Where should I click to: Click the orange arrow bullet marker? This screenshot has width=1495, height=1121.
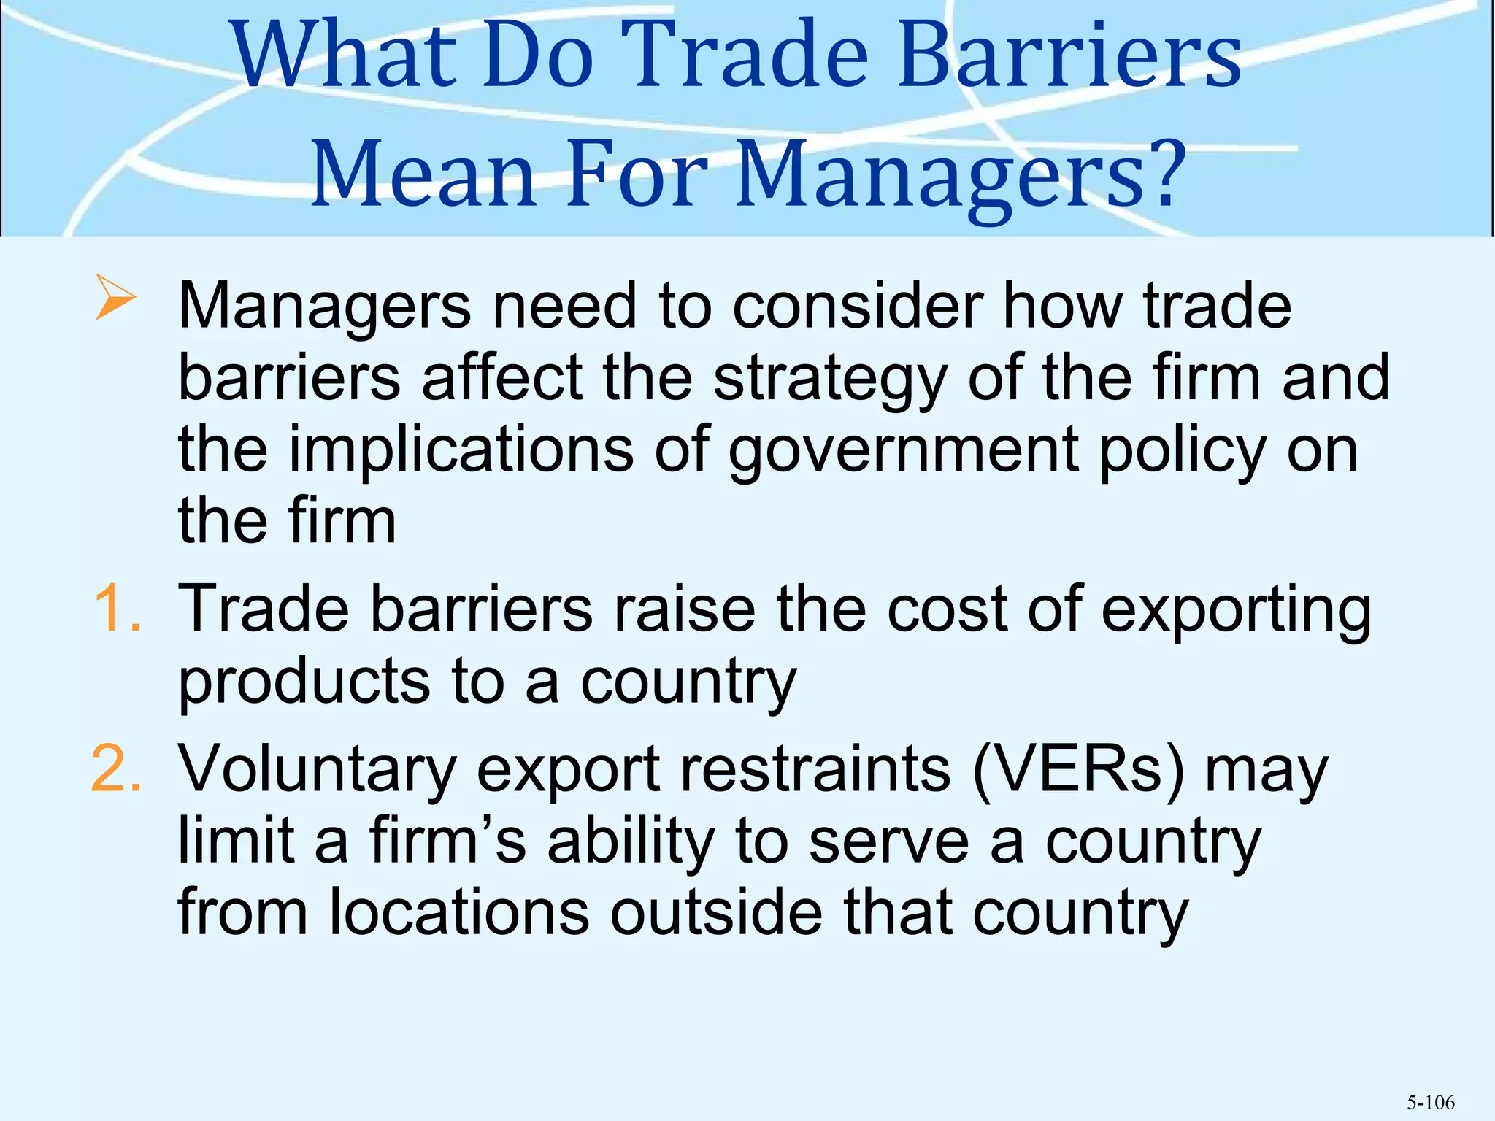115,298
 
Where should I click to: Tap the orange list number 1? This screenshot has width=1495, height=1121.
117,609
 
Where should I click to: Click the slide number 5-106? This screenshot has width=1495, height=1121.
1431,1103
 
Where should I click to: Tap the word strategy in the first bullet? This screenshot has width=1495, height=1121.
829,380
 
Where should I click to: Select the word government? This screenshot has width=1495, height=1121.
904,451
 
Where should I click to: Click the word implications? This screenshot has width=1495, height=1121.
461,451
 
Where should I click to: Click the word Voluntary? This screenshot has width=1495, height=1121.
318,771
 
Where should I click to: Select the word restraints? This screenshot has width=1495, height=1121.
815,769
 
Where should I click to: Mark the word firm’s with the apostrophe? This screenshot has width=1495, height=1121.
447,841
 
